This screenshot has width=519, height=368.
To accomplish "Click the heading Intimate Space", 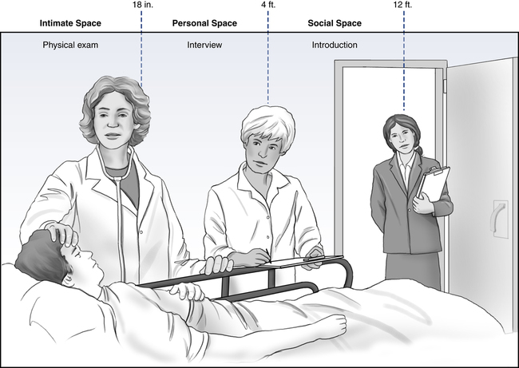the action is pos(70,23).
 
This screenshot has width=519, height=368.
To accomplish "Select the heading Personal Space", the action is pos(204,23).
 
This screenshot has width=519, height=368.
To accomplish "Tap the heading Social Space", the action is pos(335,23).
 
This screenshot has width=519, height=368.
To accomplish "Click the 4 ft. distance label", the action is pos(268,5).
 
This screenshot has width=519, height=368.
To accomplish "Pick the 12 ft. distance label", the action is pos(402,5).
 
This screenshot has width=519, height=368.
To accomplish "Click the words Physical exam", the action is pos(70,45).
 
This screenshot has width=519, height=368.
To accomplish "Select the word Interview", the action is pos(204,45).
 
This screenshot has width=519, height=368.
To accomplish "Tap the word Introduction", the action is pos(335,45).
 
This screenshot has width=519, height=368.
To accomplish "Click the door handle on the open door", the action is pos(500,219).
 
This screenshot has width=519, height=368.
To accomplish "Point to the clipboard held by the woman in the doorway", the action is pos(434,184).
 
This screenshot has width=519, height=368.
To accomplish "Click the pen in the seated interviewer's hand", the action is pos(267,255).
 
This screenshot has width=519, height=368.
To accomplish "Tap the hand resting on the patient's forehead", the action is pos(61,234).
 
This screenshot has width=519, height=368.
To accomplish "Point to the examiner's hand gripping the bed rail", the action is pos(218,264).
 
